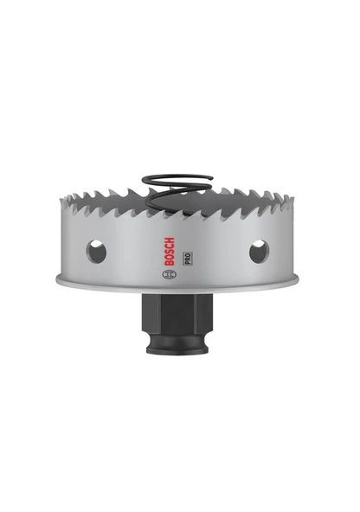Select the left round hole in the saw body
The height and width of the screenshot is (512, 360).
coord(96,252)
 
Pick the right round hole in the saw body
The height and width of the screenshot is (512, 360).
coord(259,252)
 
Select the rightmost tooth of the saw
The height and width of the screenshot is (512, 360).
coord(294,204)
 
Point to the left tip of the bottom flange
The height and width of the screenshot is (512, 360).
coord(57,279)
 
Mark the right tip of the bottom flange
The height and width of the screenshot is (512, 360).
coord(299,279)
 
